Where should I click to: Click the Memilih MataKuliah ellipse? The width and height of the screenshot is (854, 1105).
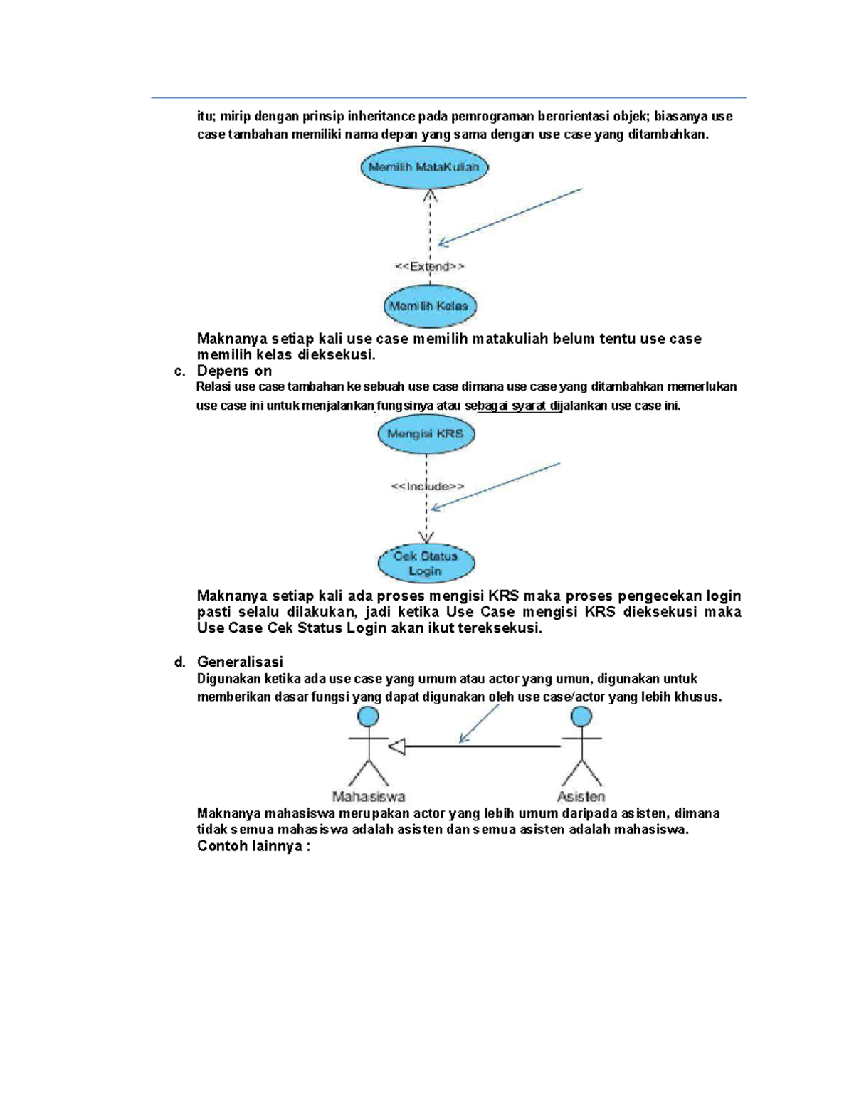(x=424, y=168)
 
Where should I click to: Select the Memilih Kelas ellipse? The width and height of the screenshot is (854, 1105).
(x=429, y=306)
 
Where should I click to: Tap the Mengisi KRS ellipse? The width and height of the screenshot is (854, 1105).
(x=426, y=433)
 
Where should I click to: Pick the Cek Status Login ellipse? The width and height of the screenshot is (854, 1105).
(x=426, y=563)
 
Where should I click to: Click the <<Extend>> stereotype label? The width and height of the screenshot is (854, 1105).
(x=430, y=267)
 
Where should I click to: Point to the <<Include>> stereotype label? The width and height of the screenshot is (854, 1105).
(x=428, y=487)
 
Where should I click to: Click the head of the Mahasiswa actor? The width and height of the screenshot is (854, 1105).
(x=368, y=717)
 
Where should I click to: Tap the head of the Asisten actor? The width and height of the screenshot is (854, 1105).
(x=581, y=717)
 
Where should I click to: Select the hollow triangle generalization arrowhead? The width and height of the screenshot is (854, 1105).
(x=397, y=746)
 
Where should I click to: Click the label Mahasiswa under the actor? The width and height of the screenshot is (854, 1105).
(x=369, y=797)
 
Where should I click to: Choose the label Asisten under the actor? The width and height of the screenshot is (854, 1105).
(x=581, y=797)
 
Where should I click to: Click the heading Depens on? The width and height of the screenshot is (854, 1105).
(x=234, y=371)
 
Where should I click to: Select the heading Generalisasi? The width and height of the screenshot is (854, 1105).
(x=240, y=662)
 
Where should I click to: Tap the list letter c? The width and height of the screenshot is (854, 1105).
(x=179, y=371)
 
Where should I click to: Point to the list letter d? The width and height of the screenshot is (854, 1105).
(x=179, y=662)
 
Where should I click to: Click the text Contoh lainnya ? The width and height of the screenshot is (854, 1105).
(x=253, y=846)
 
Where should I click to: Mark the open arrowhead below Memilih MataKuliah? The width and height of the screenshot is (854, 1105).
(x=430, y=195)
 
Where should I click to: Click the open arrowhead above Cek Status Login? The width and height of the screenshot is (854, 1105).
(x=426, y=537)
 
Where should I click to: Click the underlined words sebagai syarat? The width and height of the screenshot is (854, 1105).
(x=507, y=406)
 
